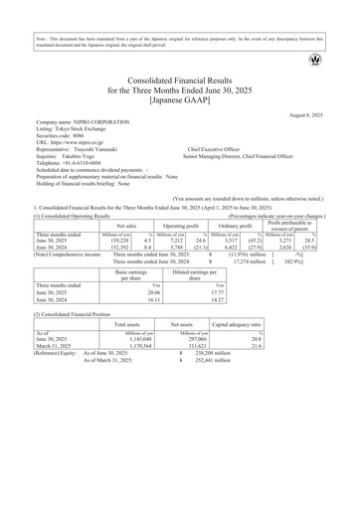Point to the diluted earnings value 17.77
(199, 293)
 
